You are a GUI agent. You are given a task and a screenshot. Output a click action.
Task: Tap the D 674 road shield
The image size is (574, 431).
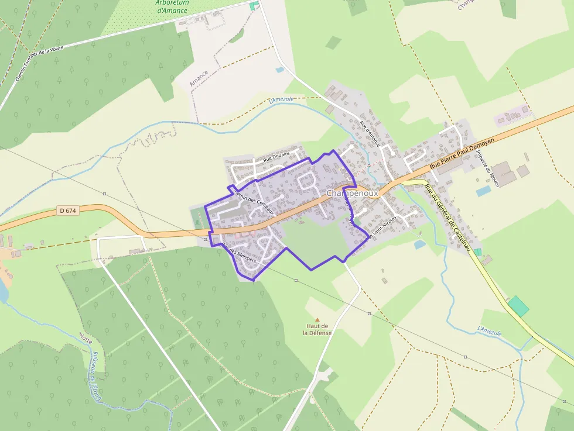[68, 211]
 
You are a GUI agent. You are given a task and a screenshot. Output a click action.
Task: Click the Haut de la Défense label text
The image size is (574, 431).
[317, 329]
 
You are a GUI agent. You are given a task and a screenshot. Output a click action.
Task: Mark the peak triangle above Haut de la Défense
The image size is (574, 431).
[317, 320]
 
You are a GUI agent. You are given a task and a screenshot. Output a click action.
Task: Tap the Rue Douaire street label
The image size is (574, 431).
[276, 157]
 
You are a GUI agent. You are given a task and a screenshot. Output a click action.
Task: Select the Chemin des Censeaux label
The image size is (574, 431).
[253, 199]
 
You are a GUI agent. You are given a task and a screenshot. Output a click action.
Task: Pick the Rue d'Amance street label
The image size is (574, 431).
[370, 134]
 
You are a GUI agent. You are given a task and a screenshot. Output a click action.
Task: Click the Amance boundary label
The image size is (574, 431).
[199, 79]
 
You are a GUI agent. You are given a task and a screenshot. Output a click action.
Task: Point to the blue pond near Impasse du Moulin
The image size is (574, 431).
[483, 191]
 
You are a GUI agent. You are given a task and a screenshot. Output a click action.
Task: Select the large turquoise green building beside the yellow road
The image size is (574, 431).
[518, 306]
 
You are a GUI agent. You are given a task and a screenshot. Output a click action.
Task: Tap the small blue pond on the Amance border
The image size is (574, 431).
[280, 70]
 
